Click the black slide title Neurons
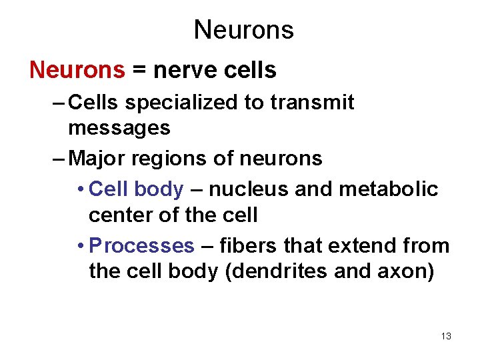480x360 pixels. coord(243,30)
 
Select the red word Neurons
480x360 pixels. coord(77,70)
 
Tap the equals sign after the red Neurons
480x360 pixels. coord(139,71)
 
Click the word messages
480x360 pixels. coord(119,127)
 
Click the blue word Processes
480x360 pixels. coord(141,246)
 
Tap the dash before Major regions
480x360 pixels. coord(58,158)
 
